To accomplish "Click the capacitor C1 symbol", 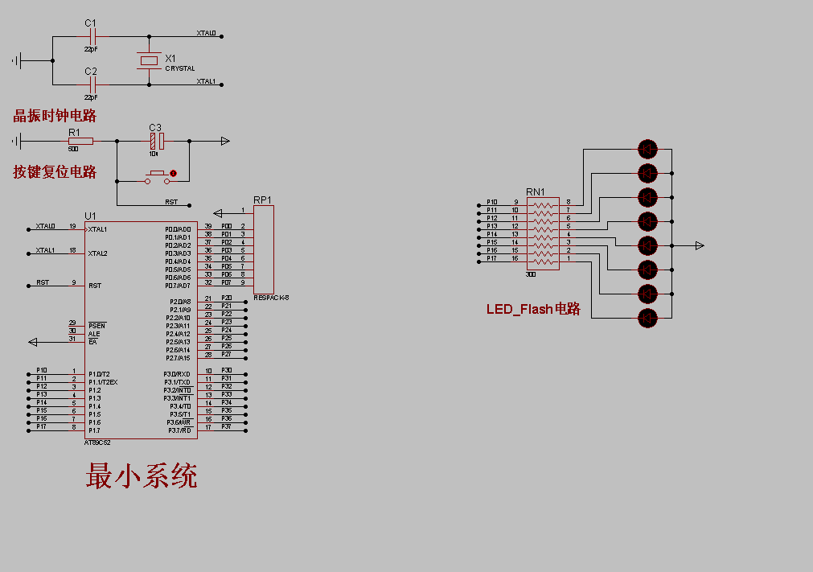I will coord(92,36).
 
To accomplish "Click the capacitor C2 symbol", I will coord(92,84).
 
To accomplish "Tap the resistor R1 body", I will coord(80,142).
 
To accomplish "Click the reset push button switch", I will coord(158,175).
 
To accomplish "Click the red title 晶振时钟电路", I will coord(55,116).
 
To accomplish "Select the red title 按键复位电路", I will coord(55,171).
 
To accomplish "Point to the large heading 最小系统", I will coord(142,476).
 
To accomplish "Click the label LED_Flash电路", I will coord(533,309).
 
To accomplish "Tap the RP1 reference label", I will coord(262,200).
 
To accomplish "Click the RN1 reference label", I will coord(535,191).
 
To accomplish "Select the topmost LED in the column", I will coord(647,149).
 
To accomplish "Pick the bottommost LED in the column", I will coord(647,318).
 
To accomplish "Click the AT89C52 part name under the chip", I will coord(97,442).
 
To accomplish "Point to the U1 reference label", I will coord(90,216).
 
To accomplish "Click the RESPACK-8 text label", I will coord(271,297).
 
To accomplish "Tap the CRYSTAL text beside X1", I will coord(180,69).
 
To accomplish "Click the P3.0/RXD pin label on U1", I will coord(177,374).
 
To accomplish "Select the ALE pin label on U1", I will coord(94,334).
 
